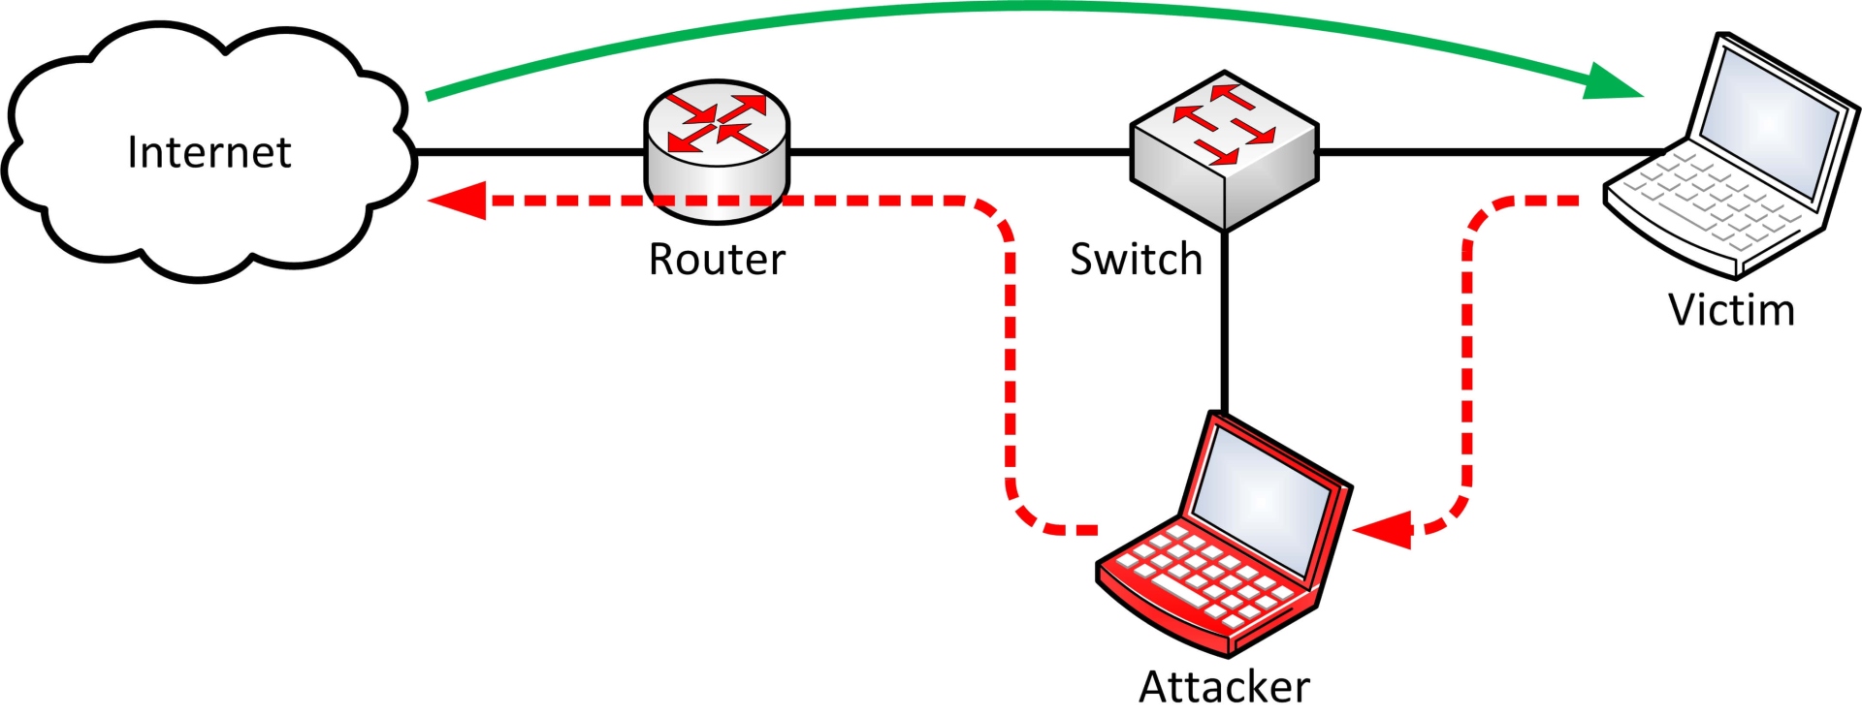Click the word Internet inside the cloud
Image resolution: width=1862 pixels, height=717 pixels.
[x=209, y=152]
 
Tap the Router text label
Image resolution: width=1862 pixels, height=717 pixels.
[x=717, y=260]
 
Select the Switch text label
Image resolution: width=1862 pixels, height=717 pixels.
[x=1136, y=260]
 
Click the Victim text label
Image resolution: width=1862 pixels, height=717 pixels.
[x=1731, y=310]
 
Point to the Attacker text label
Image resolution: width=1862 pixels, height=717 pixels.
[x=1224, y=687]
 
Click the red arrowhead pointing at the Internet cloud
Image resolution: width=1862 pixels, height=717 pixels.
[x=457, y=201]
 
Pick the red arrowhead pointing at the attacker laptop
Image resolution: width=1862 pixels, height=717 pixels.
[x=1383, y=529]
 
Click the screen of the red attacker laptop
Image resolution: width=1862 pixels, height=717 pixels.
[x=1261, y=499]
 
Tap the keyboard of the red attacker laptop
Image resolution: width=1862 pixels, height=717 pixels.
[x=1203, y=577]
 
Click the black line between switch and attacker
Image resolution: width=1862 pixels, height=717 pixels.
[x=1224, y=320]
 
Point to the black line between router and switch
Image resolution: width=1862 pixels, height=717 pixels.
[x=960, y=152]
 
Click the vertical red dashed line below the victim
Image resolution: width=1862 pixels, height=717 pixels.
[x=1467, y=368]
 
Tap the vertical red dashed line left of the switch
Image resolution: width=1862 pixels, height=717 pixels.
[x=1010, y=368]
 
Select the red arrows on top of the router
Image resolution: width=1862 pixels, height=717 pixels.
[x=717, y=122]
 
